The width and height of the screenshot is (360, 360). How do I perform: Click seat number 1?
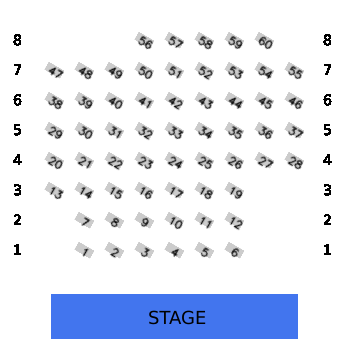(84, 250)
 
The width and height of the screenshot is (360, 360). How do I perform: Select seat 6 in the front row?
(234, 250)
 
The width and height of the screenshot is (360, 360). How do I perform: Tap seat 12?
(234, 220)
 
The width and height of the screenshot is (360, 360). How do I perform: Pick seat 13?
(54, 190)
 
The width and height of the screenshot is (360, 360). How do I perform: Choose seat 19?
(234, 190)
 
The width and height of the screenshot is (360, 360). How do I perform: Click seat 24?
(174, 160)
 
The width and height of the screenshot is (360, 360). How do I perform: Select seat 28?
(294, 160)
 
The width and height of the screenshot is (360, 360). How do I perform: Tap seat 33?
(174, 130)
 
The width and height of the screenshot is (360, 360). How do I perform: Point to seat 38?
(54, 100)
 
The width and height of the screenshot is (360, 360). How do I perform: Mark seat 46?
(294, 100)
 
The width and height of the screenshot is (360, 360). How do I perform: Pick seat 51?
(174, 70)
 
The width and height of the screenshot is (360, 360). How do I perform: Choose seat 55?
(294, 70)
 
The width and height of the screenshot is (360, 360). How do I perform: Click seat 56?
(144, 40)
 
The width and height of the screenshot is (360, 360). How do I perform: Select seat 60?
(264, 40)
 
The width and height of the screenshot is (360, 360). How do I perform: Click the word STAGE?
(177, 317)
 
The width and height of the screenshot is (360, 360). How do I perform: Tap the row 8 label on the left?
(17, 40)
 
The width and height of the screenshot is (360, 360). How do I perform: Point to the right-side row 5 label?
(327, 130)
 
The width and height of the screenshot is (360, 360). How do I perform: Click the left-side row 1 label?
(17, 250)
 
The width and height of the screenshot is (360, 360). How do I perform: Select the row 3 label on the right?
(327, 190)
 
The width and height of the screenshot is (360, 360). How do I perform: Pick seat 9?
(144, 220)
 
